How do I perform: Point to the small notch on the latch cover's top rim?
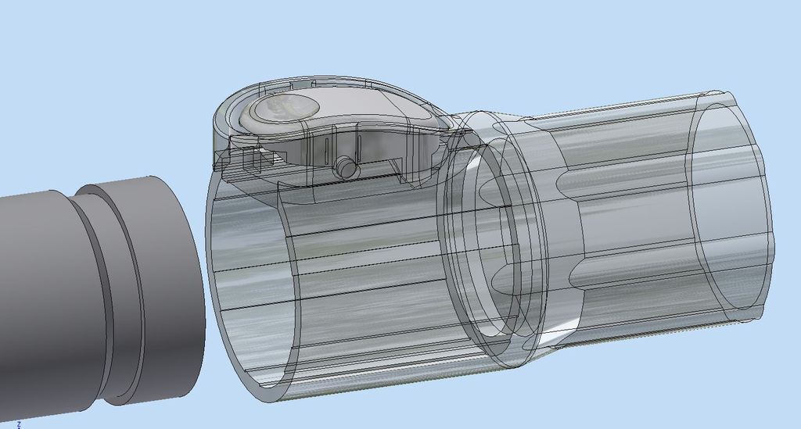tap(297, 81)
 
